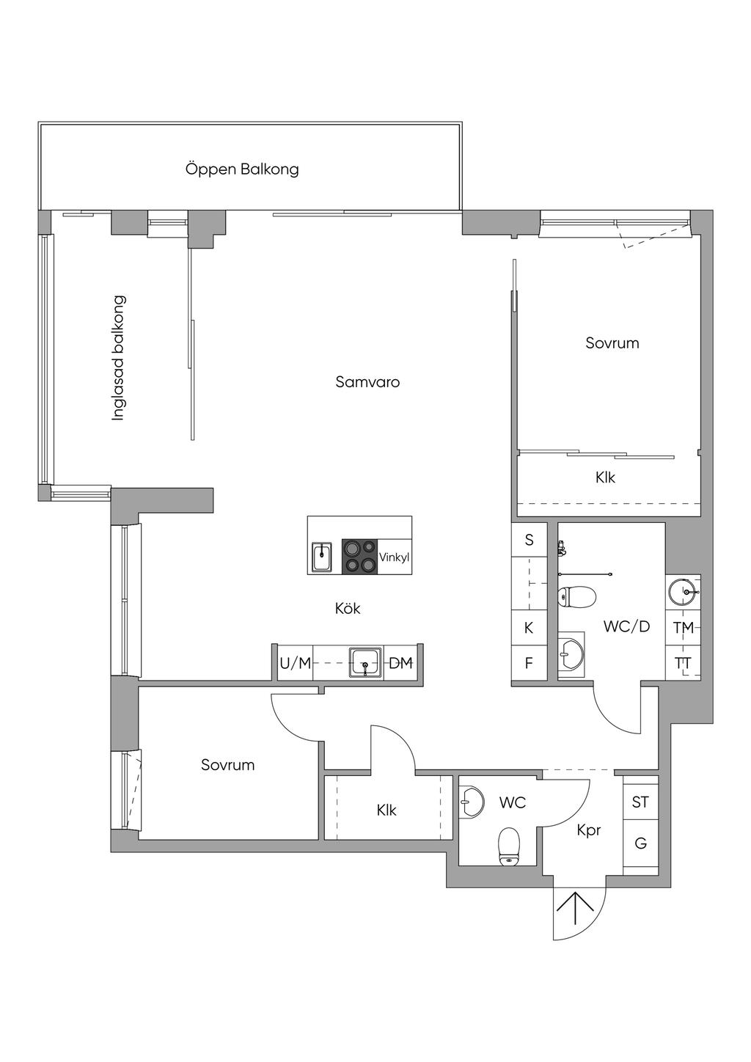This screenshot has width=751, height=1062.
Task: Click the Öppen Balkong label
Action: point(242,169)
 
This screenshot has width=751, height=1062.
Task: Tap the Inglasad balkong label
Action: point(118,358)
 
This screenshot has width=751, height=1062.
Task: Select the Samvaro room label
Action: point(367,381)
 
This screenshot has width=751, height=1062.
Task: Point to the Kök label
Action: point(348,608)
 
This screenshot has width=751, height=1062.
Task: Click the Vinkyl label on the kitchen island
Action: point(394,557)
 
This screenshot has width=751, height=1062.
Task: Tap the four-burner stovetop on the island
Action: point(360,557)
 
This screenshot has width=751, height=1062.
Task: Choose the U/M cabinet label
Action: point(295,663)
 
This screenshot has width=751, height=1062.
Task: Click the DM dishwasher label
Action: point(400,663)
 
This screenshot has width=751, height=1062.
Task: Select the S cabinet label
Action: point(529,540)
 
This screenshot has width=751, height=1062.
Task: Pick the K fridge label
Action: point(529,628)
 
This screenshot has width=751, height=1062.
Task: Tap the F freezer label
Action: point(529,663)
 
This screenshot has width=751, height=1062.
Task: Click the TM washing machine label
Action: point(684,628)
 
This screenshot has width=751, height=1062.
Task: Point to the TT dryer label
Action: point(683,663)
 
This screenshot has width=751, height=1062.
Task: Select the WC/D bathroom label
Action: point(626,627)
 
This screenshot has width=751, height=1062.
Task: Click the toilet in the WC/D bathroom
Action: point(576,596)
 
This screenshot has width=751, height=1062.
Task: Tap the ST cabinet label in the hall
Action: point(640,802)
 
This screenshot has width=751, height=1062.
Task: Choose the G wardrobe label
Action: point(640,843)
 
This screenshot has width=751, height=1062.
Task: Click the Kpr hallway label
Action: point(589,830)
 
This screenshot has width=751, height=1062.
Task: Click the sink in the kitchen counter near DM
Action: point(365,662)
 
